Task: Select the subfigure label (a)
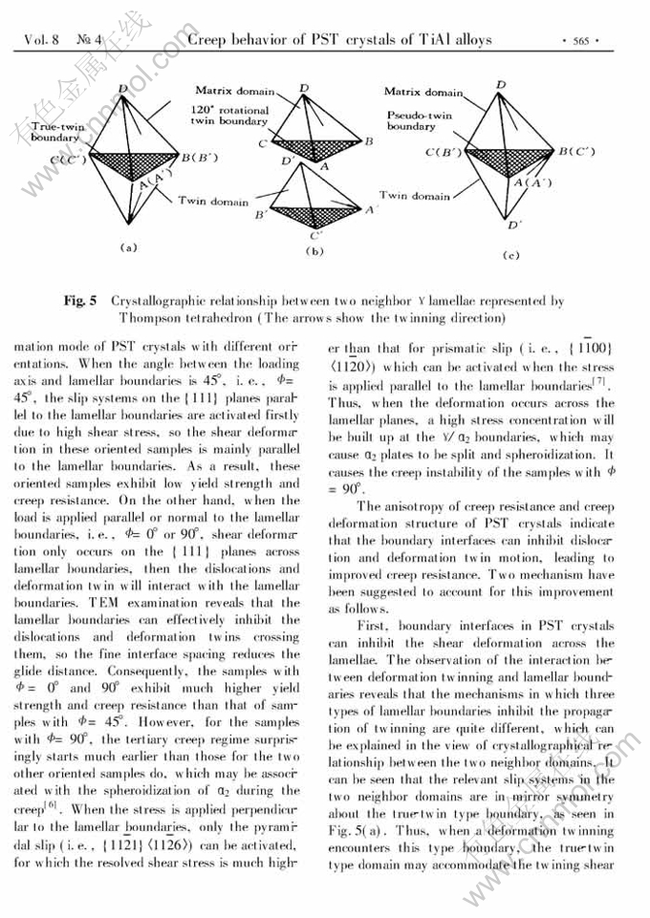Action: point(128,247)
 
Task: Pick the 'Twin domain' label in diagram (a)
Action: point(213,202)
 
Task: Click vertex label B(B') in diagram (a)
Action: point(202,156)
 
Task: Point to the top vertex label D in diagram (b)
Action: point(303,89)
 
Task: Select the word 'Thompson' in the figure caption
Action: point(154,318)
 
